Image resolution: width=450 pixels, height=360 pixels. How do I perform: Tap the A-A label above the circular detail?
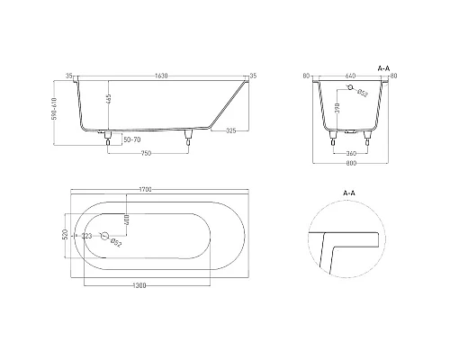(x=349, y=193)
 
